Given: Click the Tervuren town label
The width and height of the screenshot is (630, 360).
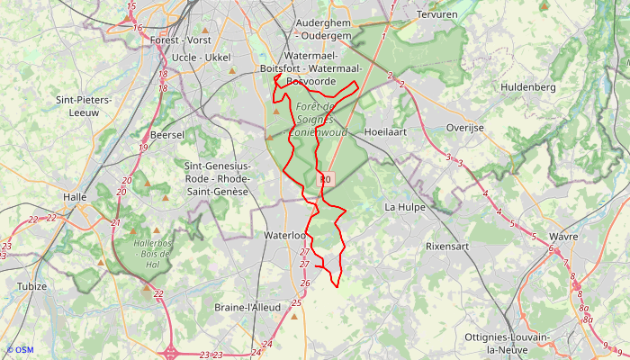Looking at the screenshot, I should point(438,15).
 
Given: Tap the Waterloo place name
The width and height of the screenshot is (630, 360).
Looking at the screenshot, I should point(285,235).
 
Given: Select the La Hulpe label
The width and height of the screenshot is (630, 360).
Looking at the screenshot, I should point(404,206).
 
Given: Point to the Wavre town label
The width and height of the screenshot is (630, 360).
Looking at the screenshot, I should point(562,237).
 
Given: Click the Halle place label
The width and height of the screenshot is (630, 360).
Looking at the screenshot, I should point(74,196).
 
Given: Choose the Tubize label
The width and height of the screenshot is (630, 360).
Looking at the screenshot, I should point(31,286).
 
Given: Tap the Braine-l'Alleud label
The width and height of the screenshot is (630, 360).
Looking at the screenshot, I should point(248,307).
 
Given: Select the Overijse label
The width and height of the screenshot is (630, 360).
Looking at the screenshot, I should point(465,128).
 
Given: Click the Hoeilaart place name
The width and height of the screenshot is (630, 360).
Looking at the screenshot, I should point(388,131).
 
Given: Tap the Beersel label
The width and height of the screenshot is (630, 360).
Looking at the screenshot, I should point(167,134).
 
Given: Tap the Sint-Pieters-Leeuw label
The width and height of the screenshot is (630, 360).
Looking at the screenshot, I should point(83,106).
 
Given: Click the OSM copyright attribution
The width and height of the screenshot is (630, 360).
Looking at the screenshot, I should point(19,350).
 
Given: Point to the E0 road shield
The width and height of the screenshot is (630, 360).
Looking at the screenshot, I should point(325,180).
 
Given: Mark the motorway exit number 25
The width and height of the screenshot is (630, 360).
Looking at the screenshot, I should point(296,302).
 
